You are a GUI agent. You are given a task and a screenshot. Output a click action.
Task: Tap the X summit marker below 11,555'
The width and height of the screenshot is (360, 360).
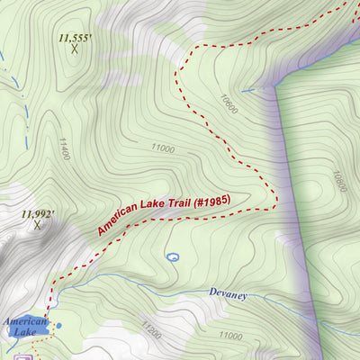[75, 49]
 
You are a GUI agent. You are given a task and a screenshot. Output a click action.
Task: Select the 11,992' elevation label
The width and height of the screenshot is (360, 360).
[39, 214]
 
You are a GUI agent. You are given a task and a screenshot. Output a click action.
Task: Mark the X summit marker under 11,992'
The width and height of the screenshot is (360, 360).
[38, 225]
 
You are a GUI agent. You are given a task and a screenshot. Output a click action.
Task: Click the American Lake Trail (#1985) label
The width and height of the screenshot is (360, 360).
[164, 216]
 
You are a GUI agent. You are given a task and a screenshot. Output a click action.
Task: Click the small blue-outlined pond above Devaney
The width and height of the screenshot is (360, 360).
[173, 257]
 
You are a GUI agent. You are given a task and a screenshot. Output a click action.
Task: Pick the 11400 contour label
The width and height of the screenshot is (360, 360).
[63, 148]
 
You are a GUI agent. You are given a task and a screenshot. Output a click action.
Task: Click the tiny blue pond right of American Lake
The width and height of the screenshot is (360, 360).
[58, 326]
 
